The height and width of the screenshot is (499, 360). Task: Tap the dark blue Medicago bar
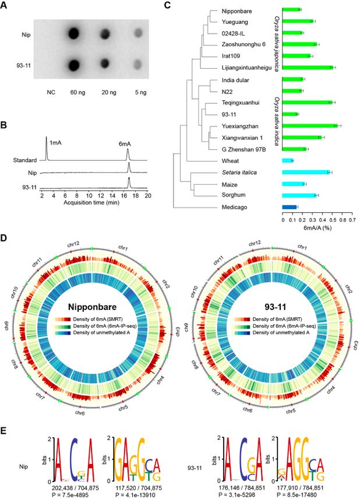[290, 206]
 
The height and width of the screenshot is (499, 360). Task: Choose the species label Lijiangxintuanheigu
[237, 68]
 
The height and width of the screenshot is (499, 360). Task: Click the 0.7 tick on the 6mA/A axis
[351, 220]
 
